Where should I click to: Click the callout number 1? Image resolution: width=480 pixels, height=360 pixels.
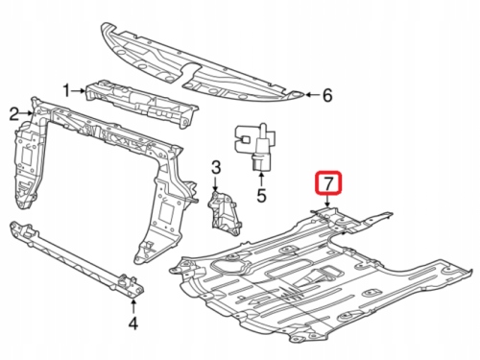coord(66,91)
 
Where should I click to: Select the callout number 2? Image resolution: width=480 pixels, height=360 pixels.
coord(13,114)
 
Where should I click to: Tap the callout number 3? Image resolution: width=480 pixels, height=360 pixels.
coord(216,167)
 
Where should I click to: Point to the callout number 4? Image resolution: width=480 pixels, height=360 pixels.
coord(133,324)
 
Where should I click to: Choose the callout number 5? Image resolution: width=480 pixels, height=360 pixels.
coord(261,196)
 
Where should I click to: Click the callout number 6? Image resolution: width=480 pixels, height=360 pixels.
coord(327,95)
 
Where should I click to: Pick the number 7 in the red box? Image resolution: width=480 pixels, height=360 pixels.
coord(328,183)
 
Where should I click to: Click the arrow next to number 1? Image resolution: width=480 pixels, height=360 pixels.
coord(79,91)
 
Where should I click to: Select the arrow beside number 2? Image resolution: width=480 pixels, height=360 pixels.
coord(26,113)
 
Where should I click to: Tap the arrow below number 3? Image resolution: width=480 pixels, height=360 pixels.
coord(215,184)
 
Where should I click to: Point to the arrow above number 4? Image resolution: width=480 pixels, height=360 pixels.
coord(133,306)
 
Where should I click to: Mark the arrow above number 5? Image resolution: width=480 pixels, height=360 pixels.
coord(261,180)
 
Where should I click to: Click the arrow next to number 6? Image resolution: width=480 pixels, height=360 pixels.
coord(312,94)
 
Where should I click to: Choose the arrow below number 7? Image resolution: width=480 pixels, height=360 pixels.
coord(327,201)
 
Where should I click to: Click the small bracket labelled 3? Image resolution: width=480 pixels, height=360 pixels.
coord(223,212)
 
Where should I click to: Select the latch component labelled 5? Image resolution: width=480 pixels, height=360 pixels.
coord(256,146)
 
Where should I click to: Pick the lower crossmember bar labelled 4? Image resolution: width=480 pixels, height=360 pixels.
coord(77,259)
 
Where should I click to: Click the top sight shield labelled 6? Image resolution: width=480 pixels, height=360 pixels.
coord(202,62)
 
